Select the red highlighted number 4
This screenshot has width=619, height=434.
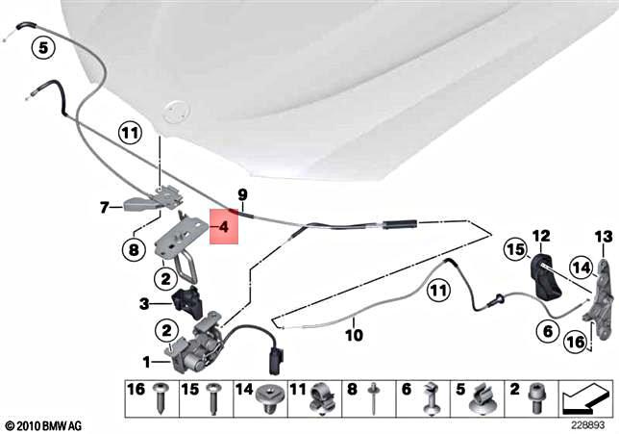coord(223,228)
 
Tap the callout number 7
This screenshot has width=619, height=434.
coord(105,205)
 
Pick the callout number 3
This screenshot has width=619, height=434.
coord(143,304)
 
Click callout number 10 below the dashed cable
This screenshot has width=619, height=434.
coord(354,336)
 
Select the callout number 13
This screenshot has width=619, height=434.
coord(603,235)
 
